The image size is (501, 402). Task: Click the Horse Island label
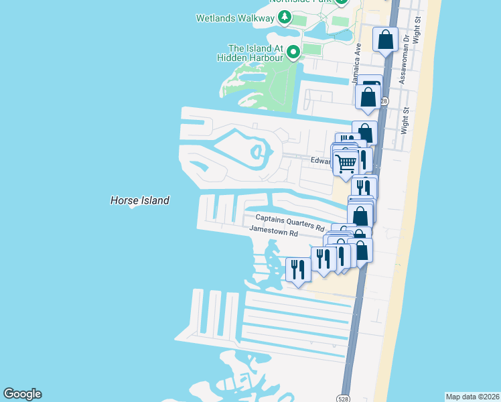pyautogui.click(x=139, y=200)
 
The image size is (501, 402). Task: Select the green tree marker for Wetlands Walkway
pyautogui.click(x=285, y=17)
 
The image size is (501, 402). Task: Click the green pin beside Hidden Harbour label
pyautogui.click(x=293, y=51)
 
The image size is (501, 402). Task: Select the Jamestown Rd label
pyautogui.click(x=273, y=230)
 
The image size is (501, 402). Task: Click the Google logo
pyautogui.click(x=22, y=394)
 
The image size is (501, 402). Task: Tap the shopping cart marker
pyautogui.click(x=346, y=163)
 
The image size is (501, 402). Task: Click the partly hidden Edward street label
pyautogui.click(x=321, y=161)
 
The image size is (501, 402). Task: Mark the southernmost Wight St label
pyautogui.click(x=404, y=121)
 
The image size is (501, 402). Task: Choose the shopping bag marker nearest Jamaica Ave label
pyautogui.click(x=368, y=96)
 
